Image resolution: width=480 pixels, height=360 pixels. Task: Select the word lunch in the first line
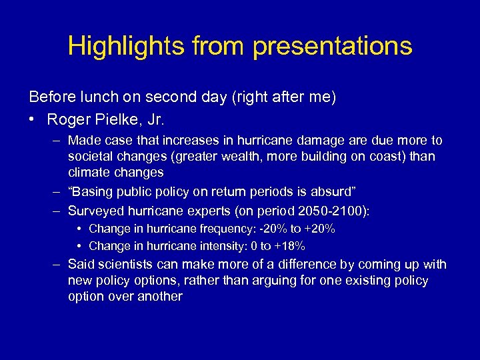click(96, 97)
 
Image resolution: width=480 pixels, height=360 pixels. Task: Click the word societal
click(91, 156)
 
